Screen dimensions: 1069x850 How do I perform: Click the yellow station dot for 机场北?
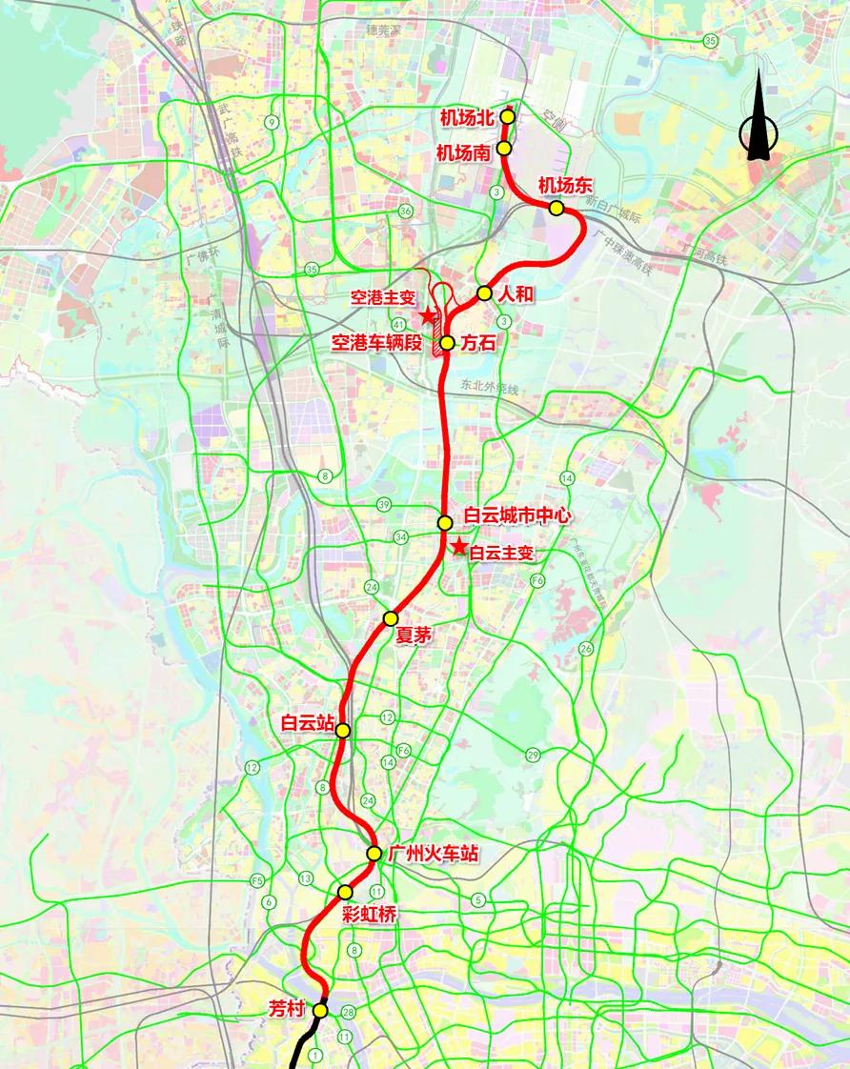[x=508, y=116]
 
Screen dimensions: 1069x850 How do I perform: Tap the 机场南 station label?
[x=463, y=151]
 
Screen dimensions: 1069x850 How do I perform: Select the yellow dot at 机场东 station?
[x=557, y=208]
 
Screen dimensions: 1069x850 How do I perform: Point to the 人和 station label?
[x=516, y=293]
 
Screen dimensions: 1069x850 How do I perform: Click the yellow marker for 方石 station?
[x=447, y=342]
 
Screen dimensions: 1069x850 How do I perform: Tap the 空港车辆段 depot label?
[x=375, y=343]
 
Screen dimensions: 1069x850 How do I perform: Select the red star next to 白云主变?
[x=459, y=547]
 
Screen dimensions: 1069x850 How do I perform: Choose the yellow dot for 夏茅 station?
[x=391, y=618]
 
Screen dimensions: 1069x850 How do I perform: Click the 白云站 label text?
[x=306, y=724]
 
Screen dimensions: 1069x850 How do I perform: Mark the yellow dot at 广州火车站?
[x=374, y=854]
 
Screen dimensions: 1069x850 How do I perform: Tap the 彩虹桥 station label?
[x=369, y=913]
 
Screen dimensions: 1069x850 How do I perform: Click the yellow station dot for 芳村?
[x=320, y=1010]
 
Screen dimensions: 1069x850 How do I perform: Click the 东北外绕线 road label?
[x=489, y=389]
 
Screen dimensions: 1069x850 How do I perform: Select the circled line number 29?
[x=533, y=756]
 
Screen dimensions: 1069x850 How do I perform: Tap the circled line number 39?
[x=384, y=504]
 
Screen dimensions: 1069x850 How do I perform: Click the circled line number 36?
[x=406, y=211]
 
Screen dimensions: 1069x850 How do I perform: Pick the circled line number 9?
[x=273, y=121]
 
